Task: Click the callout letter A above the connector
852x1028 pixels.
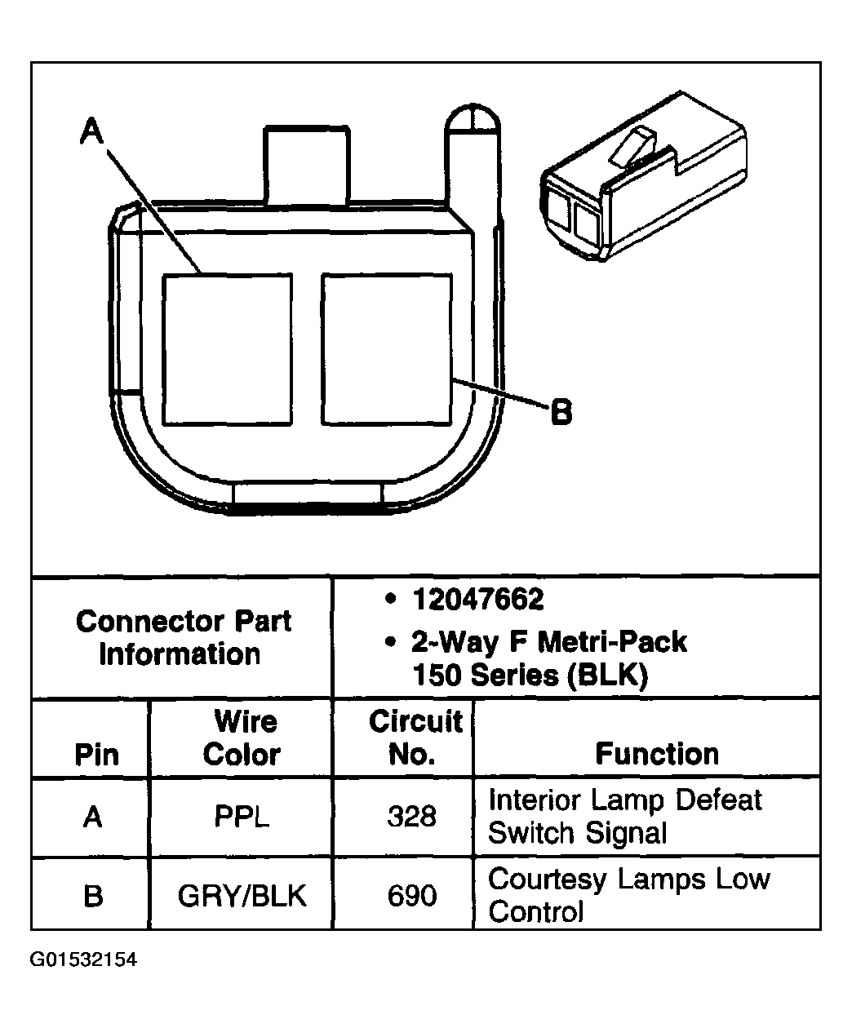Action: pyautogui.click(x=93, y=131)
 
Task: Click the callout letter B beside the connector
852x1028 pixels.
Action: pyautogui.click(x=561, y=411)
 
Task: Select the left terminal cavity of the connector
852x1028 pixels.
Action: pyautogui.click(x=227, y=349)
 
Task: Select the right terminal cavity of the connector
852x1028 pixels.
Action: pyautogui.click(x=387, y=349)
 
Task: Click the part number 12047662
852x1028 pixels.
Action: pyautogui.click(x=477, y=600)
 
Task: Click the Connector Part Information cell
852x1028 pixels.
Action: pyautogui.click(x=182, y=637)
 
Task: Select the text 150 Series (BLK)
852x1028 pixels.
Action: pyautogui.click(x=530, y=676)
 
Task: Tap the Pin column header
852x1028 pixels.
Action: pyautogui.click(x=96, y=755)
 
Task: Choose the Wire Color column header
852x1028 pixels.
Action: pyautogui.click(x=242, y=738)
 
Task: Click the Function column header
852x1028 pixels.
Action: pyautogui.click(x=657, y=754)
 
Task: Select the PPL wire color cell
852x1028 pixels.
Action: pyautogui.click(x=242, y=817)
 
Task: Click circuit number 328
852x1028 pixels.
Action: pyautogui.click(x=411, y=817)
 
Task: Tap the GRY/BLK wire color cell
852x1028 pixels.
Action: pyautogui.click(x=242, y=897)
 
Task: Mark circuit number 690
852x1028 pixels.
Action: pyautogui.click(x=411, y=897)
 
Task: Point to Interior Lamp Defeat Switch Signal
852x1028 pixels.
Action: pyautogui.click(x=624, y=816)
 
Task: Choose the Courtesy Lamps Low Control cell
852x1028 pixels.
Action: pyautogui.click(x=628, y=895)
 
